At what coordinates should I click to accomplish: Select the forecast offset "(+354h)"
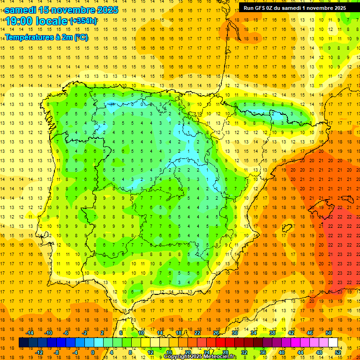click(x=83, y=22)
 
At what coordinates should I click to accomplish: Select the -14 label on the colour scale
click(x=30, y=333)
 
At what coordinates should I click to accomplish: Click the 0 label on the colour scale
click(x=92, y=352)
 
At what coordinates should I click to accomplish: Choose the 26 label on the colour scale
click(x=216, y=333)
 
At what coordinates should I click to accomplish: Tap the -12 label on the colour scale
click(x=39, y=352)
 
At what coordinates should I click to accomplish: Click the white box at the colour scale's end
click(x=333, y=343)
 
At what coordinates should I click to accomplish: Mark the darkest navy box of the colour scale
click(x=23, y=343)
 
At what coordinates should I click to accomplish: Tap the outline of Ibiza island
click(x=287, y=228)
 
